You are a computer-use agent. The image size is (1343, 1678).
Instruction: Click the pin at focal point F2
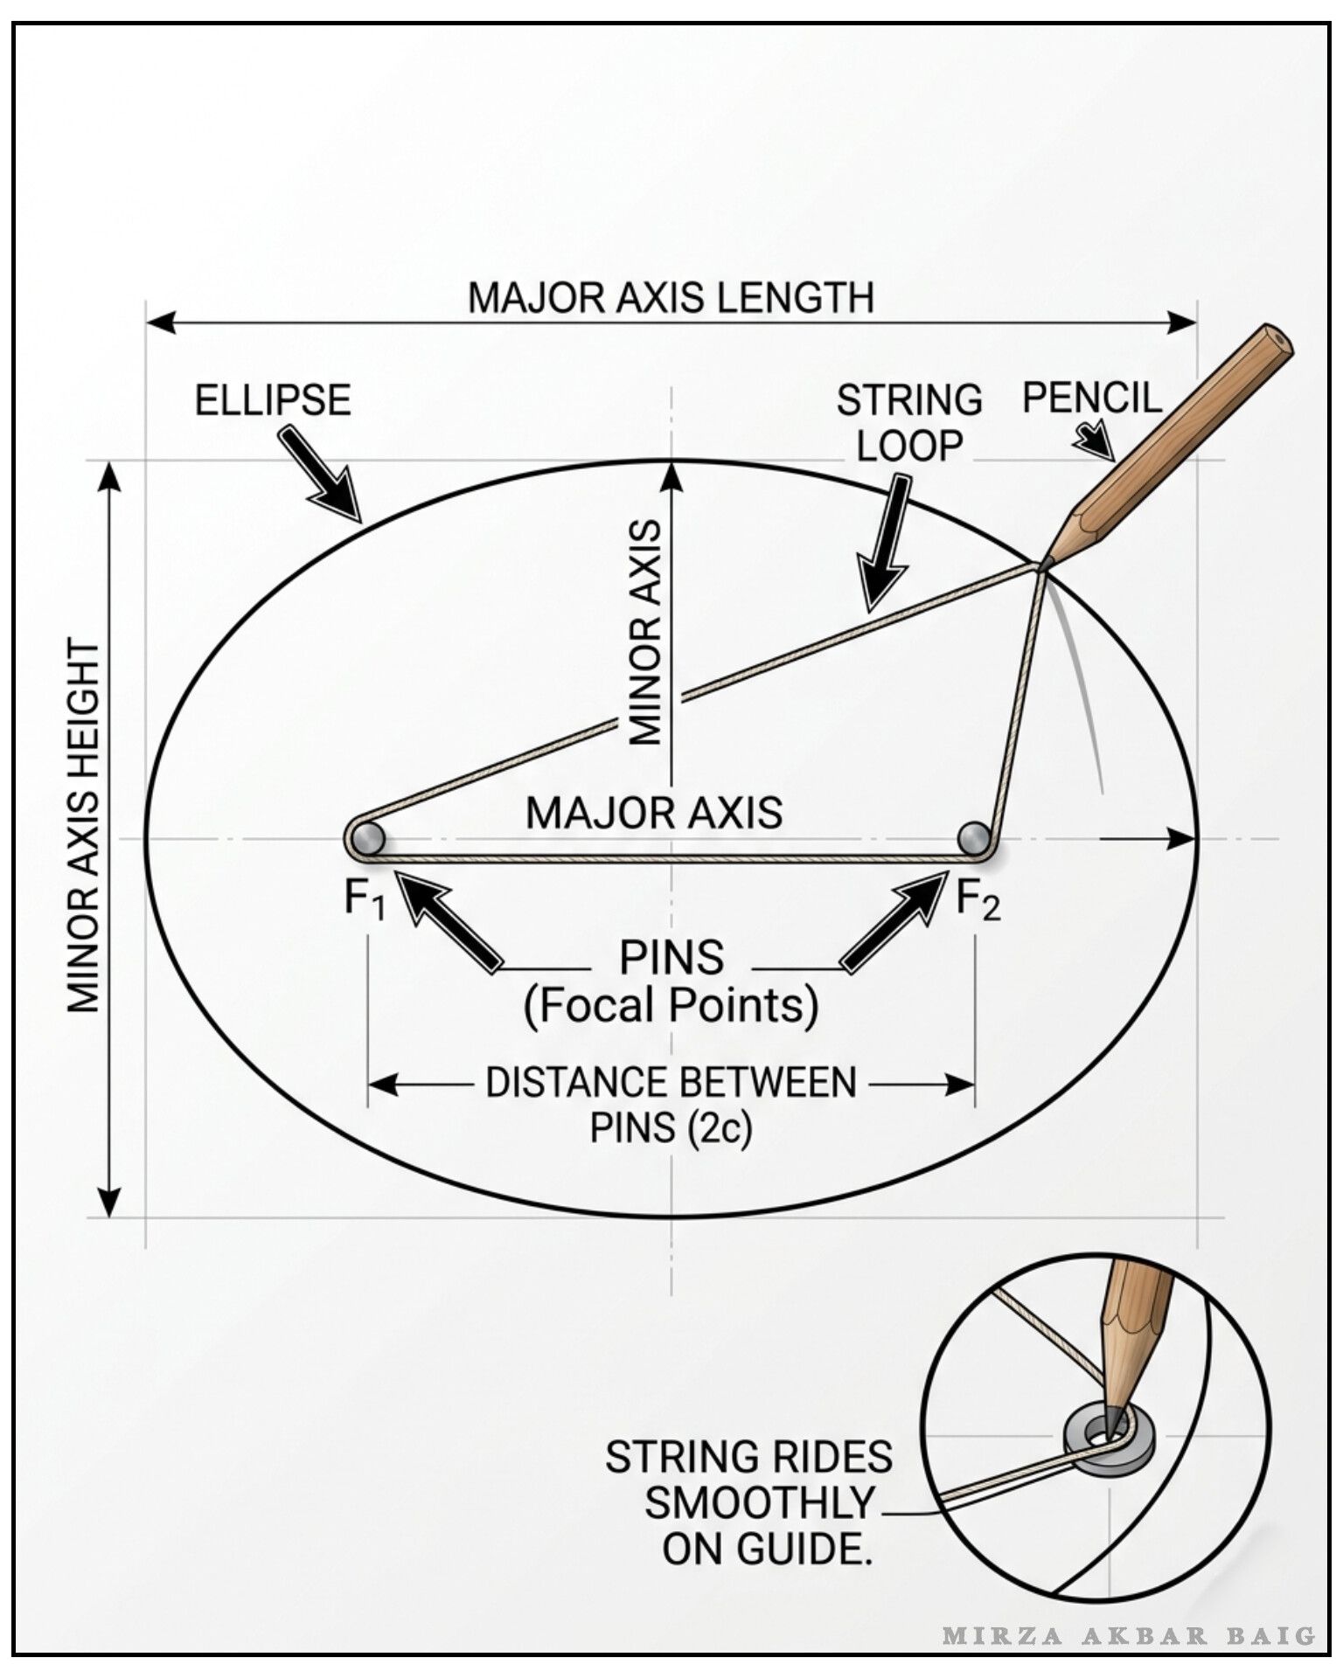(974, 839)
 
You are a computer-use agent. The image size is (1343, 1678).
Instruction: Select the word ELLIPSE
(273, 400)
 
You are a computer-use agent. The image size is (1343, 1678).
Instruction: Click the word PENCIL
(1092, 398)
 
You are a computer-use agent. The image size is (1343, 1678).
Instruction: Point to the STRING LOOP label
(909, 422)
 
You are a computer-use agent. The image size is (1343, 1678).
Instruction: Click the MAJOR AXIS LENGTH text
(671, 298)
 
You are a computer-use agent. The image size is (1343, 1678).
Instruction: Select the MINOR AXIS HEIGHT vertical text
(84, 826)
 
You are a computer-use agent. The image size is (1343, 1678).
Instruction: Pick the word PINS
(671, 958)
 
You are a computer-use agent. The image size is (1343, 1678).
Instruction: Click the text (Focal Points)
(671, 1005)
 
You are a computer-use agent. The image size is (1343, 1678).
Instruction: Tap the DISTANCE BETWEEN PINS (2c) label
(671, 1106)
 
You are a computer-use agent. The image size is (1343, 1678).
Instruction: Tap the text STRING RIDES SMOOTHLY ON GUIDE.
(748, 1503)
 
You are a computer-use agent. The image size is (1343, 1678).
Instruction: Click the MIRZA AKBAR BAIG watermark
(1129, 1636)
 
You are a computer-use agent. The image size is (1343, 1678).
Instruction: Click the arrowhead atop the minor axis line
(671, 479)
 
